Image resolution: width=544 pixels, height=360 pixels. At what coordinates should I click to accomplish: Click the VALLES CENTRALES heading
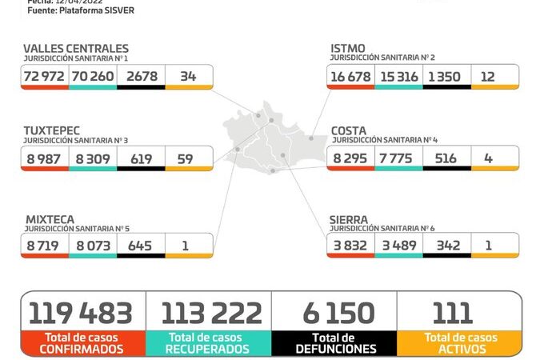(x=76, y=49)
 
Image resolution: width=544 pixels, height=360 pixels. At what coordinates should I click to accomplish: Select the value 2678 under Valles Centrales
(x=141, y=77)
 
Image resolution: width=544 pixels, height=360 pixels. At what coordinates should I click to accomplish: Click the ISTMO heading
(x=348, y=49)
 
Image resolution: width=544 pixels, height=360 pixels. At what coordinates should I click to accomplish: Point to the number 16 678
(x=350, y=77)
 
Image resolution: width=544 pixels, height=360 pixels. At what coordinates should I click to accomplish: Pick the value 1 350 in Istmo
(x=446, y=77)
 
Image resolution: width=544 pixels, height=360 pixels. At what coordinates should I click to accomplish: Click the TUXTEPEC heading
(x=52, y=130)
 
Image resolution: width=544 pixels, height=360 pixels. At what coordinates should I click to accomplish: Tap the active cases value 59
(x=186, y=158)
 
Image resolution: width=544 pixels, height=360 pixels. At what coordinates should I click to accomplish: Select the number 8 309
(x=93, y=158)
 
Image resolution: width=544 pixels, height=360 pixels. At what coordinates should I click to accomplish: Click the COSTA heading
(x=349, y=130)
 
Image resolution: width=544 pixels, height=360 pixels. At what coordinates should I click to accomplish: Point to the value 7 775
(x=398, y=158)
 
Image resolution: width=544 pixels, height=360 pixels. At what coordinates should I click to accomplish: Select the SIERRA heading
(x=350, y=218)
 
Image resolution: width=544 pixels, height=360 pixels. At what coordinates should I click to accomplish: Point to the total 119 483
(x=81, y=313)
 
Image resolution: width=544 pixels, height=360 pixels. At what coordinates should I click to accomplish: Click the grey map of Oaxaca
(x=272, y=140)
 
